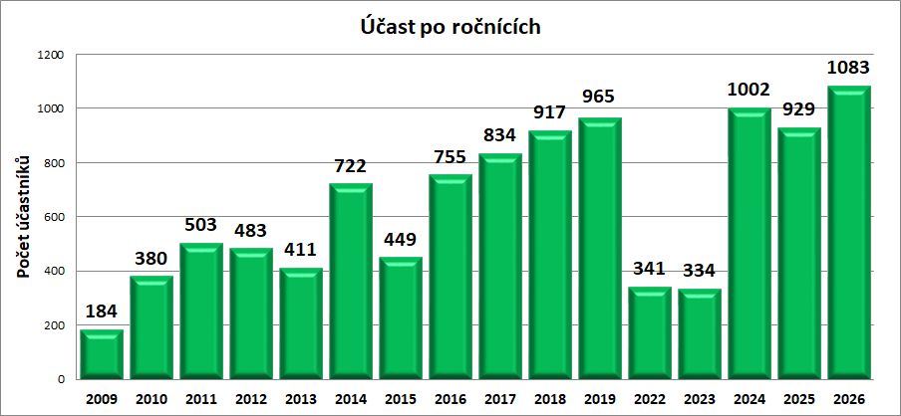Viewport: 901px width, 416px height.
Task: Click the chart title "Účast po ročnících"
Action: coord(450,27)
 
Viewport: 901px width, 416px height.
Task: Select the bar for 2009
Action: coord(102,355)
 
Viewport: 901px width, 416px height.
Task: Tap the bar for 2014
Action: coord(351,282)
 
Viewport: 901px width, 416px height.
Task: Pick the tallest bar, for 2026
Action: coord(849,233)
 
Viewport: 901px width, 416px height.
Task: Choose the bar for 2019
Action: coord(600,249)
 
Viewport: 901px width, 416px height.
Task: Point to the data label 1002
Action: coord(750,90)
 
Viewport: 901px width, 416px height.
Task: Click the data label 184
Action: coord(102,312)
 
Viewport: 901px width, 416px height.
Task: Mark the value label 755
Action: coord(450,157)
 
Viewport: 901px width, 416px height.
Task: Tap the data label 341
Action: coord(650,270)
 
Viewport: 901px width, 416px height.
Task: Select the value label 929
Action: coord(799,109)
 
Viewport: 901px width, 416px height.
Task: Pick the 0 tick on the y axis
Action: coord(63,380)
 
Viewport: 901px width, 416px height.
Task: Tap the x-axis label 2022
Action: coord(650,398)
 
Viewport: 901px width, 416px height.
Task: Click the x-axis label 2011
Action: coord(201,398)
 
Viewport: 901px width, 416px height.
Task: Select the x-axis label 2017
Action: coord(500,398)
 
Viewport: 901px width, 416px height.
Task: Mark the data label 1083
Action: coord(849,68)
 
